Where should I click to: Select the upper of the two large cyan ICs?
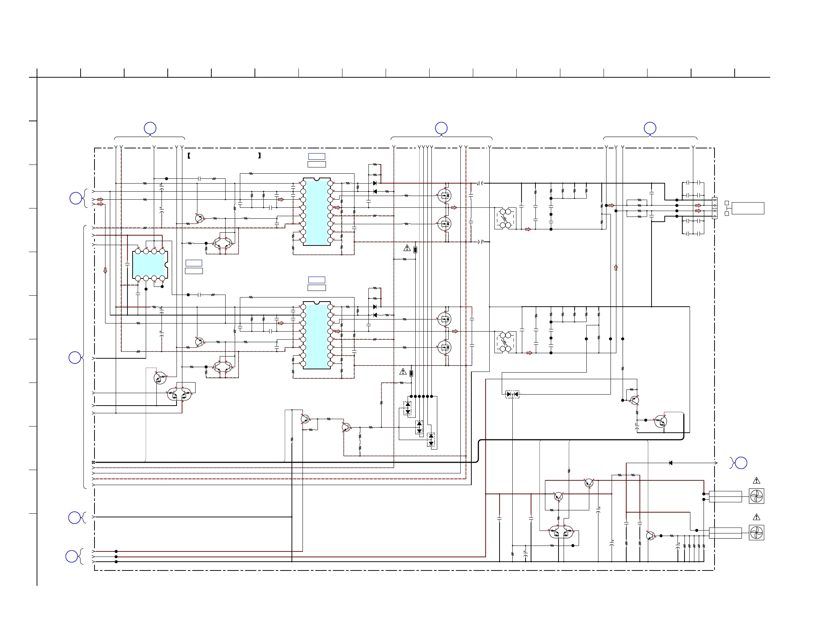tap(316, 211)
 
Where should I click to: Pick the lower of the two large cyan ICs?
tap(316, 335)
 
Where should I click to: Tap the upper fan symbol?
tap(756, 496)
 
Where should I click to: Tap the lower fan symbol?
tap(756, 533)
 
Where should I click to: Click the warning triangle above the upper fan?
tap(757, 481)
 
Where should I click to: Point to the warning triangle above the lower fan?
tap(757, 517)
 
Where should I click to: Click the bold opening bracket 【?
tap(189, 156)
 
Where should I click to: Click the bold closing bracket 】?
tap(260, 156)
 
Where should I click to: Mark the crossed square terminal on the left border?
tap(93, 462)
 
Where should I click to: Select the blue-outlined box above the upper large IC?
tap(316, 156)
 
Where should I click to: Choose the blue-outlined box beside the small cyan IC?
tap(194, 263)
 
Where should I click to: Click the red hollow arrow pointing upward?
tap(616, 267)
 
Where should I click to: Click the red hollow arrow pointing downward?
tap(105, 271)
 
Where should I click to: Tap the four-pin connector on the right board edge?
tap(715, 208)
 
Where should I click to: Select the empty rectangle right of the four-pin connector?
tap(748, 208)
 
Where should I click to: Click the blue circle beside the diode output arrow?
tap(741, 463)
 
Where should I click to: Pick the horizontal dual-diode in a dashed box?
tap(512, 394)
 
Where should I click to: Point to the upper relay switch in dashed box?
tap(505, 218)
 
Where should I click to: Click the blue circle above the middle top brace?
tap(441, 128)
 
